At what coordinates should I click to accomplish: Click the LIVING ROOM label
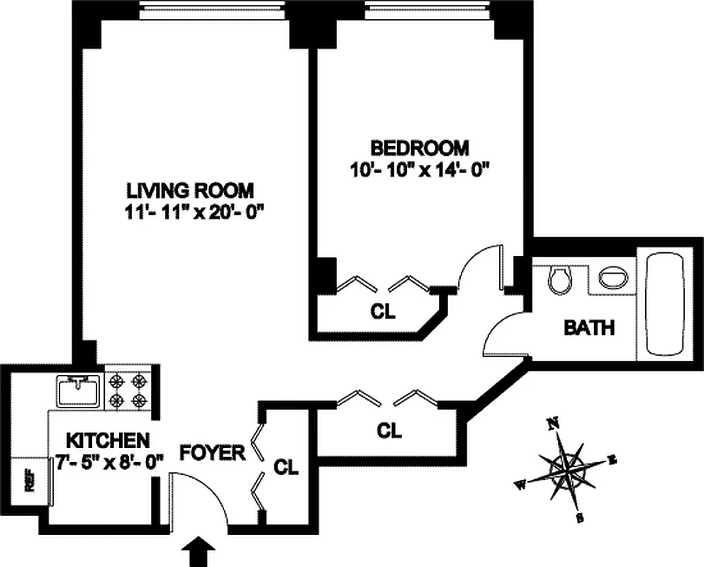[x=189, y=190]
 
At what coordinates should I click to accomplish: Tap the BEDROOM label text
[x=420, y=148]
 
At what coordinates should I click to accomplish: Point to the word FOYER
[x=212, y=452]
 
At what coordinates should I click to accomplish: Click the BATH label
[x=588, y=328]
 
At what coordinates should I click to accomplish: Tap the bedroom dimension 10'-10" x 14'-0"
[x=420, y=170]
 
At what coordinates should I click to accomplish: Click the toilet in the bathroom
[x=560, y=279]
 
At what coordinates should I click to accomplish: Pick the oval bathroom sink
[x=613, y=277]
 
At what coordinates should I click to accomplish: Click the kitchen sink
[x=80, y=391]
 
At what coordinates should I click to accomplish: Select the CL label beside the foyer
[x=286, y=467]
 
